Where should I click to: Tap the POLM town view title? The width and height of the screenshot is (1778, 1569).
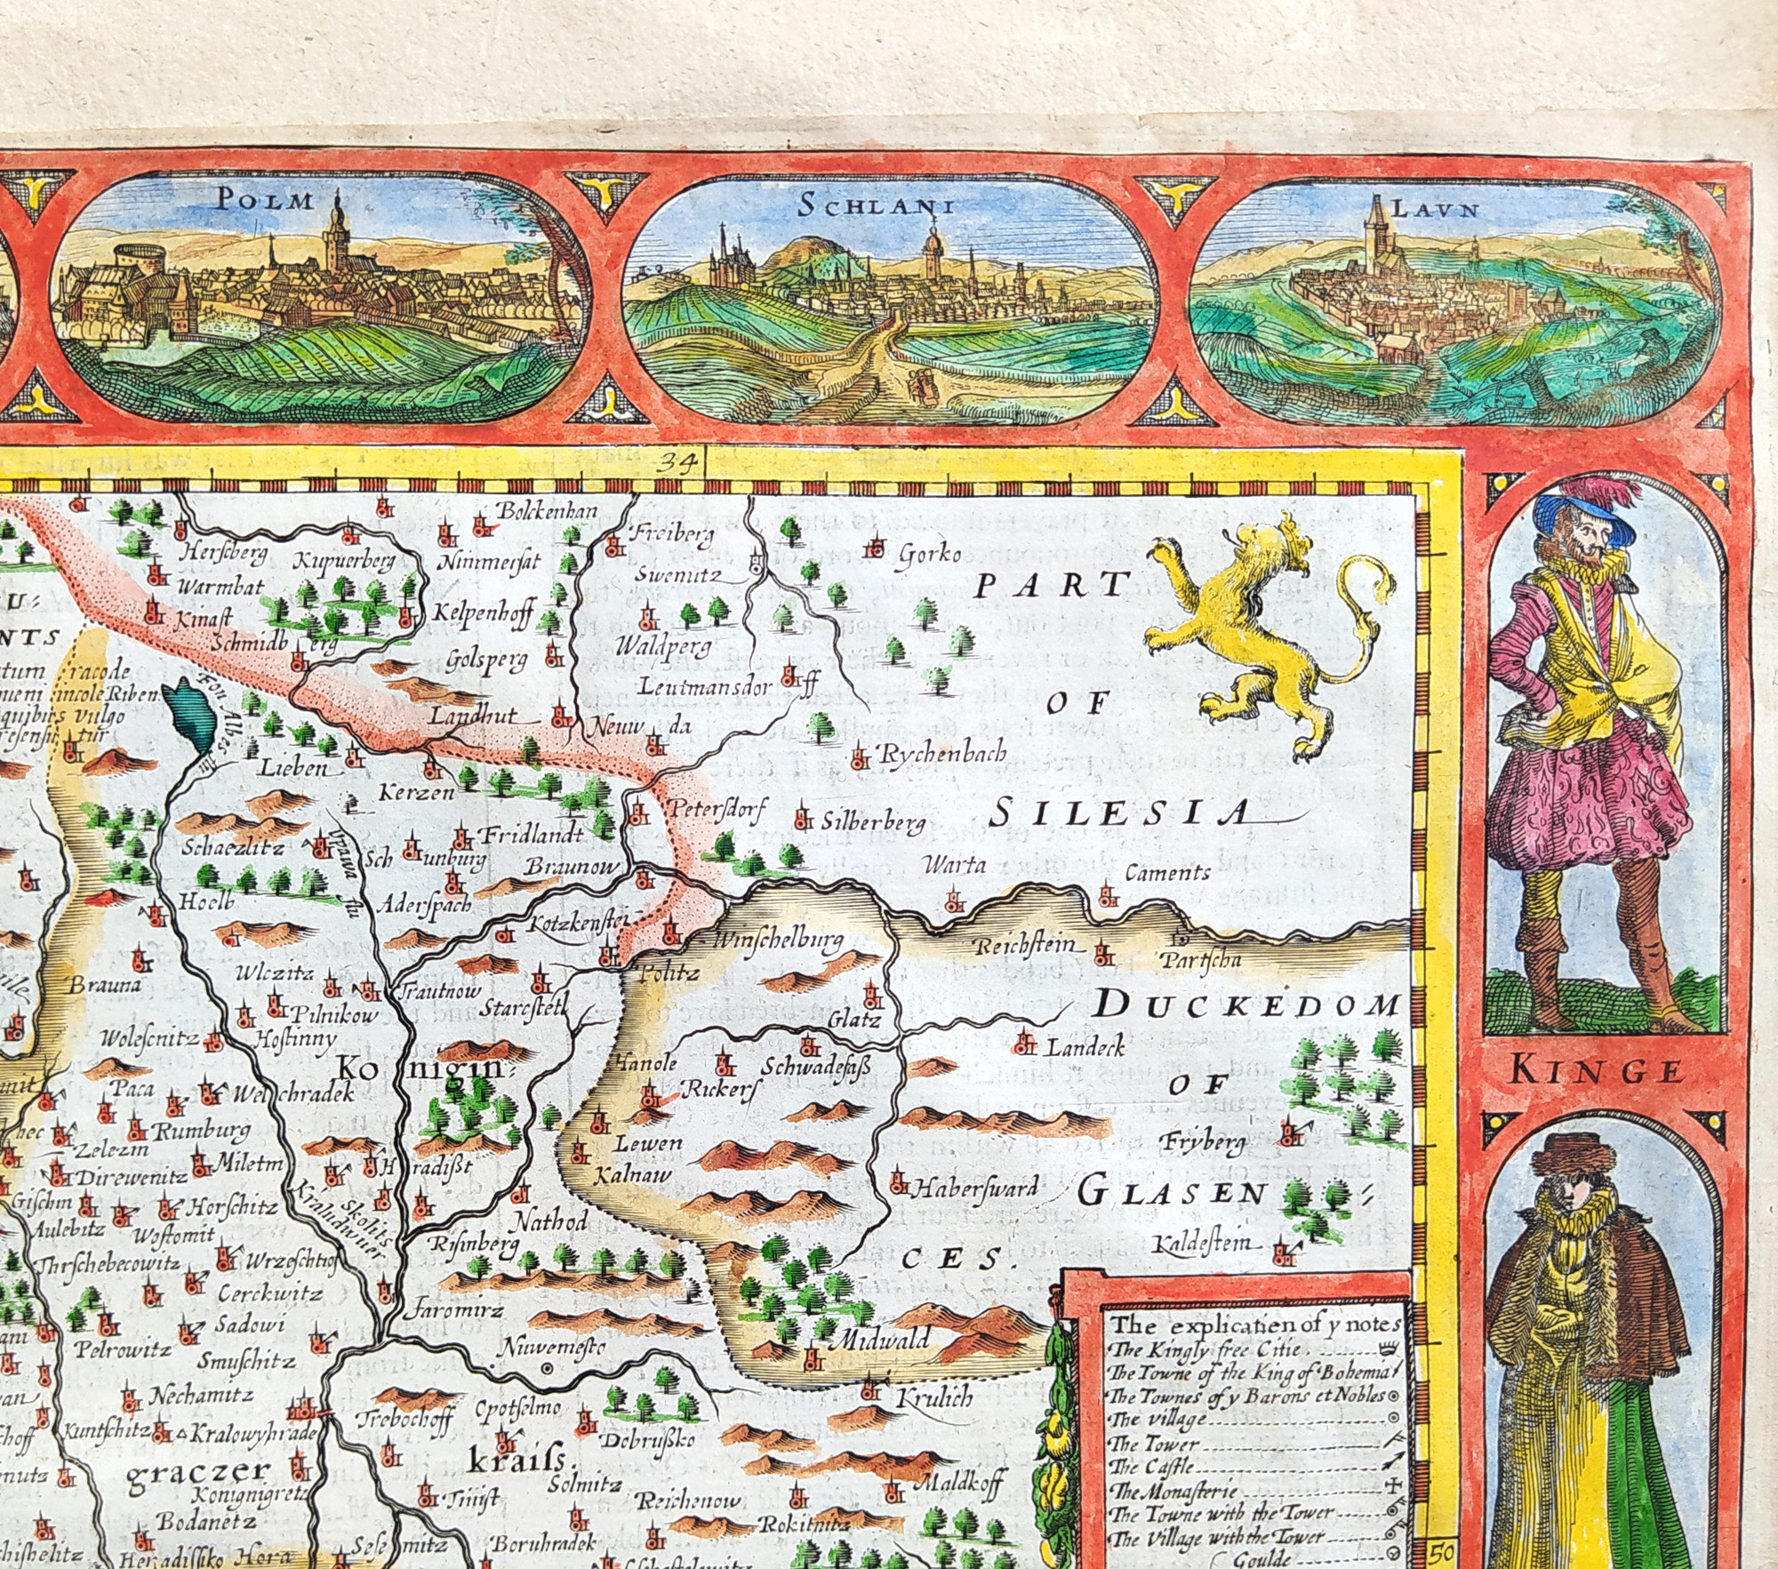pos(266,199)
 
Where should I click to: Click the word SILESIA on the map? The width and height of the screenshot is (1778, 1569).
pos(1119,812)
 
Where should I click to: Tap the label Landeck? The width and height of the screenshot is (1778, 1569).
pos(1085,1046)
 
